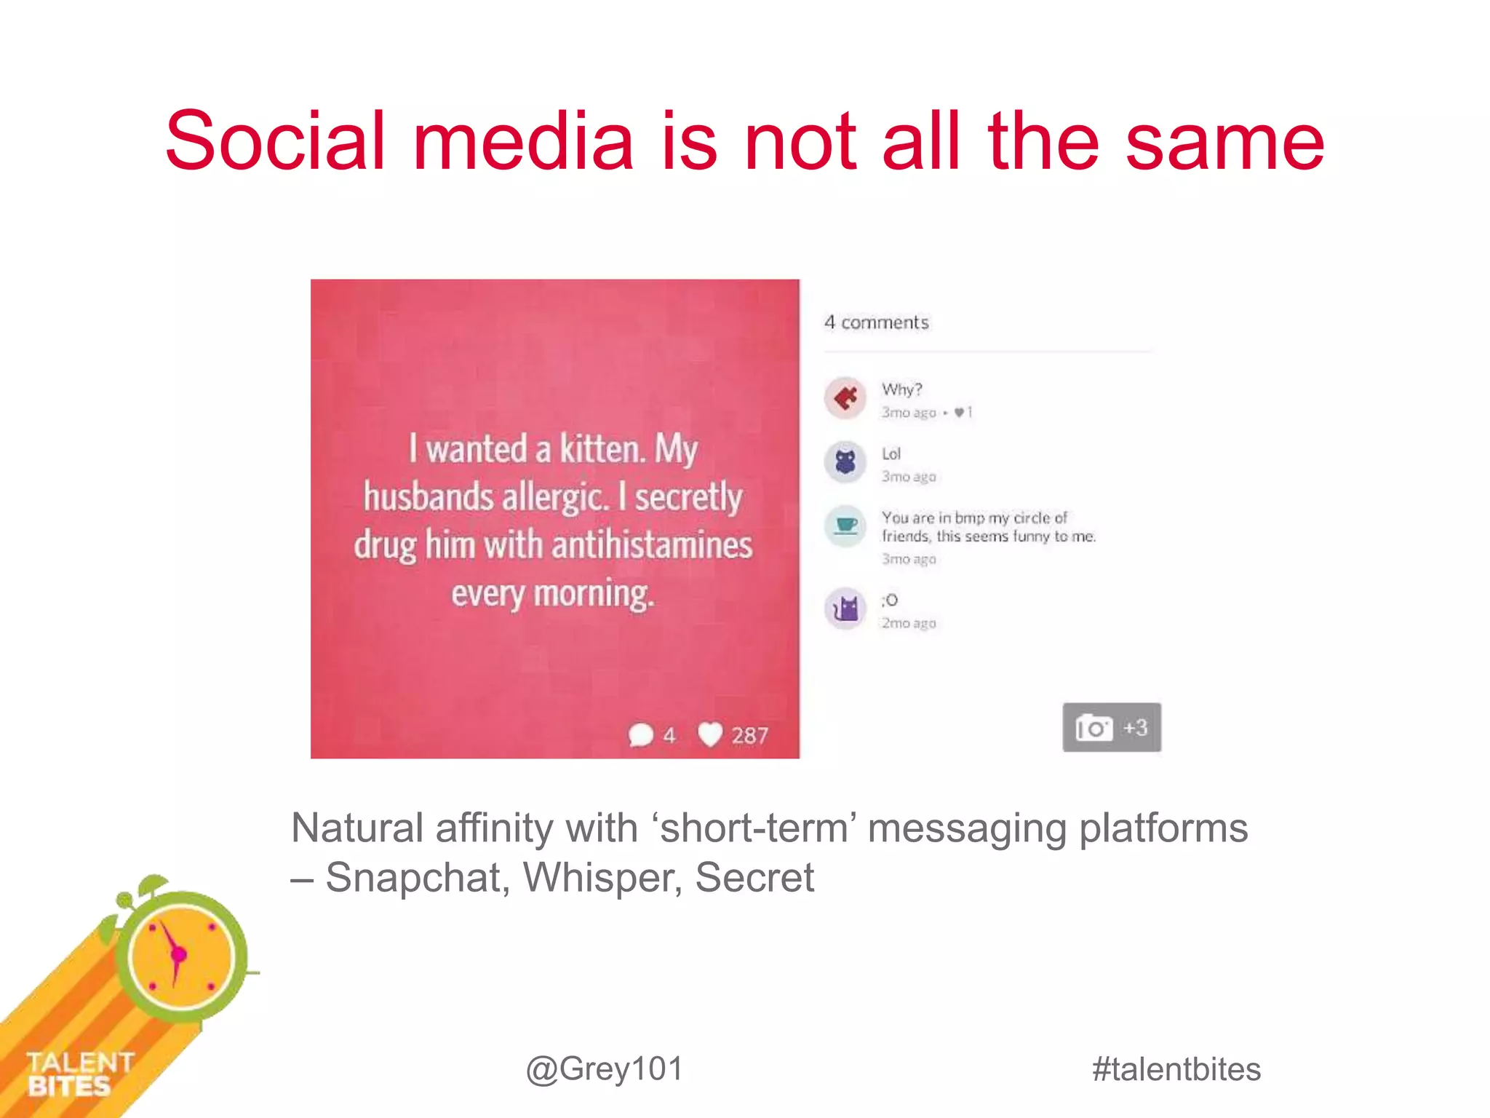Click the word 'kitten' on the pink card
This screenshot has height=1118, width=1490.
pos(602,448)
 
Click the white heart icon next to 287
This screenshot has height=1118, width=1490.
pos(710,734)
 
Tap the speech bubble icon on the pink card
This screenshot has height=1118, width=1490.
pos(641,734)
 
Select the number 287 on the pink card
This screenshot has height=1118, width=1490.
pos(749,735)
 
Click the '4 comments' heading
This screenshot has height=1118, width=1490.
pos(876,322)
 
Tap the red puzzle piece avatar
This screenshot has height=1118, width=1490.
pos(845,398)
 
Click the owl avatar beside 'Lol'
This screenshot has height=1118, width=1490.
pos(845,462)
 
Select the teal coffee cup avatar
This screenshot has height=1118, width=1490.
pos(845,526)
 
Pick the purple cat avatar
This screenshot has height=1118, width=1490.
pos(845,608)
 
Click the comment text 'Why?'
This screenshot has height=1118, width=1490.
pos(901,389)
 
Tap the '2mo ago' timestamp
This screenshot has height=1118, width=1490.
pos(909,623)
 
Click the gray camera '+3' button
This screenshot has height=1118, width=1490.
pos(1111,727)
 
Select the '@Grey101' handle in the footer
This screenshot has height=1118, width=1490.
pos(605,1069)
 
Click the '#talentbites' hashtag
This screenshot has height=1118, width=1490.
pos(1176,1069)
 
